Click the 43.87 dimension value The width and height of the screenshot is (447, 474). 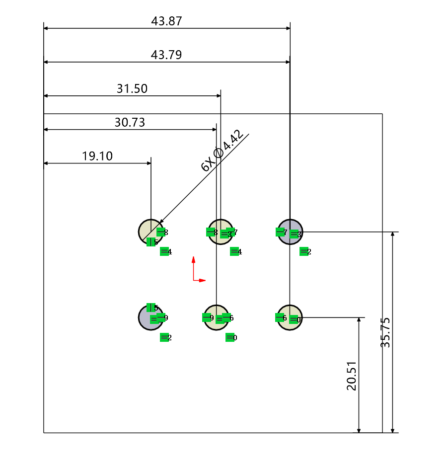click(x=166, y=21)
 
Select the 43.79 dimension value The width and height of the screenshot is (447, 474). click(x=166, y=55)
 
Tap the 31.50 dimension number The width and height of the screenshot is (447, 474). click(x=132, y=89)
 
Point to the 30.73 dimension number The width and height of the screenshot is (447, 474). click(x=130, y=123)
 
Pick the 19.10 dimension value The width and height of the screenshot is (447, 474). click(x=97, y=157)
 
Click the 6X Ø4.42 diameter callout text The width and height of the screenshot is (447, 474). click(x=223, y=150)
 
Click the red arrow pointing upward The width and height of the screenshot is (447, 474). click(x=193, y=259)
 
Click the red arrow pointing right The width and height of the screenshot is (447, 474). click(x=202, y=281)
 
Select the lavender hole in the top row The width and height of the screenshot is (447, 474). click(x=290, y=232)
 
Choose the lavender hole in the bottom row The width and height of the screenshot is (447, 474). click(x=150, y=317)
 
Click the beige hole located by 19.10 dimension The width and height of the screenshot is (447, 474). click(x=150, y=232)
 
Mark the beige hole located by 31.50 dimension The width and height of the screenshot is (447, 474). click(x=221, y=232)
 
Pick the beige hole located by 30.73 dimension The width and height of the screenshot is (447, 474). click(x=217, y=317)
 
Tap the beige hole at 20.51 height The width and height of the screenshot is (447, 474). click(x=290, y=317)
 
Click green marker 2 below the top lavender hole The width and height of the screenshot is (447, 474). click(x=304, y=252)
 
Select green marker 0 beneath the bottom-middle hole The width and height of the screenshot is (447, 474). click(x=230, y=338)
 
